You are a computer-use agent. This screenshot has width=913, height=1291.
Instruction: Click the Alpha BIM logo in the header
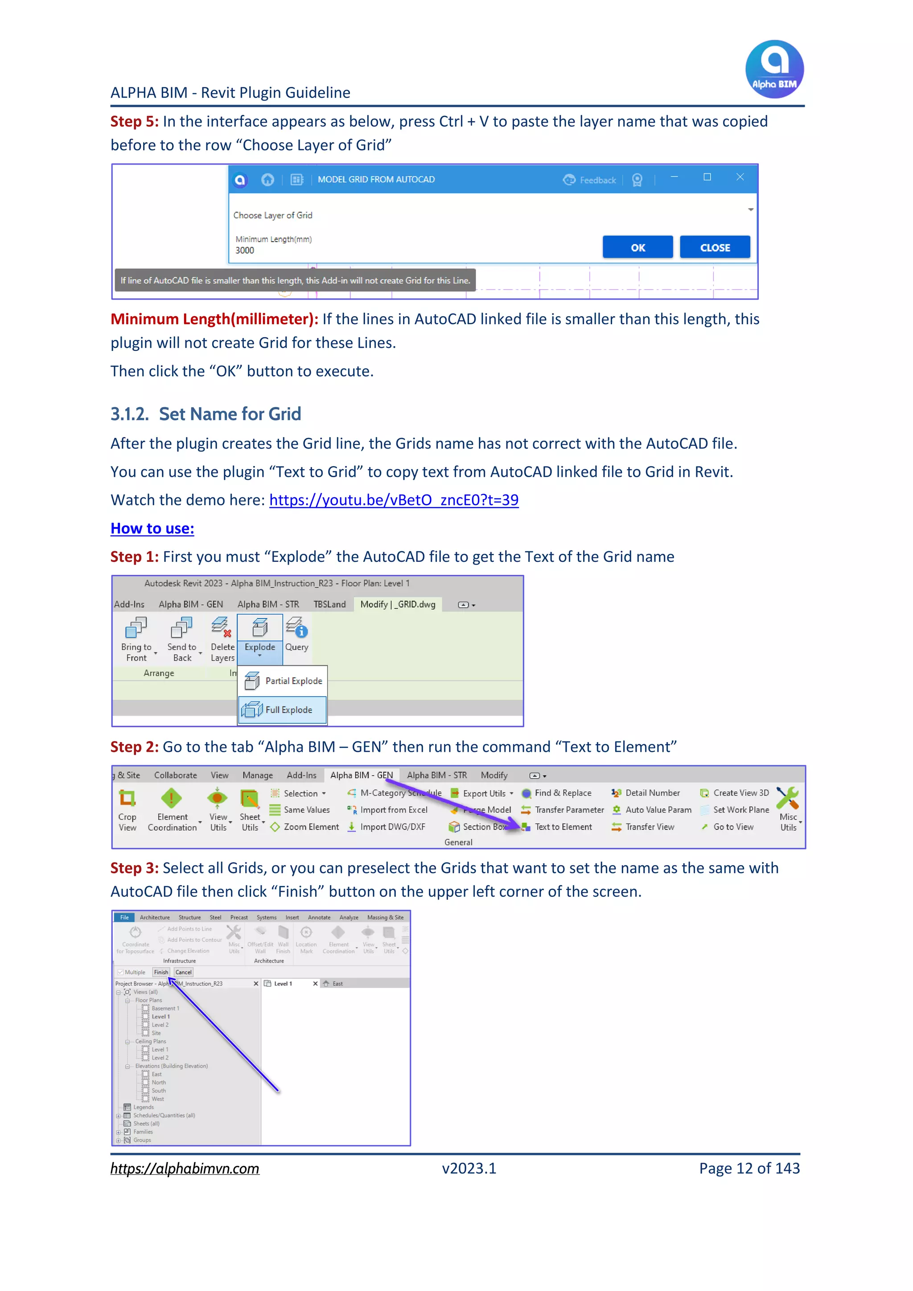[774, 69]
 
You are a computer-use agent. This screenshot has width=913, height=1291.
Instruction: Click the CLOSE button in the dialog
[715, 247]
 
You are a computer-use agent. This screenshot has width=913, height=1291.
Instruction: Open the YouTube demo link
[394, 500]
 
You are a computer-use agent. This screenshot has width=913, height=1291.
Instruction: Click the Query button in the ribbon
[296, 635]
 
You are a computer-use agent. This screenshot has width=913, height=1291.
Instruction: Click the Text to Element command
[563, 827]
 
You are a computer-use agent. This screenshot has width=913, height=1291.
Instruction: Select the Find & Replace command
[562, 793]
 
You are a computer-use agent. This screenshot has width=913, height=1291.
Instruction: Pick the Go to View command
[732, 827]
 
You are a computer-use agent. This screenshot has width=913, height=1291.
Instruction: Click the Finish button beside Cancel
[161, 972]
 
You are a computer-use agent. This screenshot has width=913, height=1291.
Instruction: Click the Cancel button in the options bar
[183, 972]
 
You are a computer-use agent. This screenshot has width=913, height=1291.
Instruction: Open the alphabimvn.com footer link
[185, 1168]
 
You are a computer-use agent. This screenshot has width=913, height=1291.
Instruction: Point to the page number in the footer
[749, 1168]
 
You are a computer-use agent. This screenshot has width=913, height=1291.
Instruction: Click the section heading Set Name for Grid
[230, 414]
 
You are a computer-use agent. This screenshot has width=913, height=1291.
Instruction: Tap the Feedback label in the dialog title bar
[597, 180]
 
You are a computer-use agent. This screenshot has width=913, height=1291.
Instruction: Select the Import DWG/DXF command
[392, 827]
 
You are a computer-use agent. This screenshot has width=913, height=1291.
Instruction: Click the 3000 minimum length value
[245, 250]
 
